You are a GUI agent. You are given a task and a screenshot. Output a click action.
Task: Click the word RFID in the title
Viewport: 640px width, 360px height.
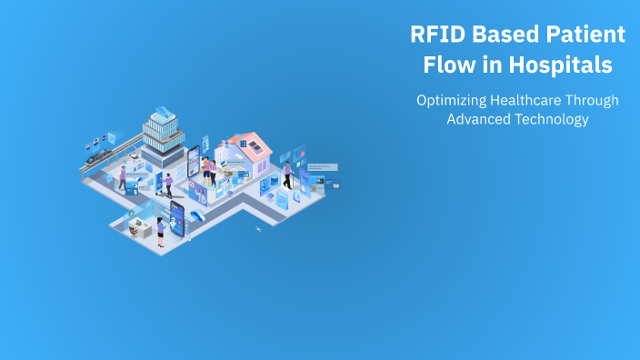[435, 35]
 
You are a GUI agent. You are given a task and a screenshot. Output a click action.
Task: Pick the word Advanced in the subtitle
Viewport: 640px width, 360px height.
[475, 119]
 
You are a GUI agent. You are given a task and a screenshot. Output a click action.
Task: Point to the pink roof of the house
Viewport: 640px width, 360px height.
[247, 143]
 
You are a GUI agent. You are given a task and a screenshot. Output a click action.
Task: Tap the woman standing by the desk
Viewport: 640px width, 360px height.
[160, 230]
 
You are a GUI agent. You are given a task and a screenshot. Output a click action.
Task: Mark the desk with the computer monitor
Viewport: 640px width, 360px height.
[138, 226]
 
